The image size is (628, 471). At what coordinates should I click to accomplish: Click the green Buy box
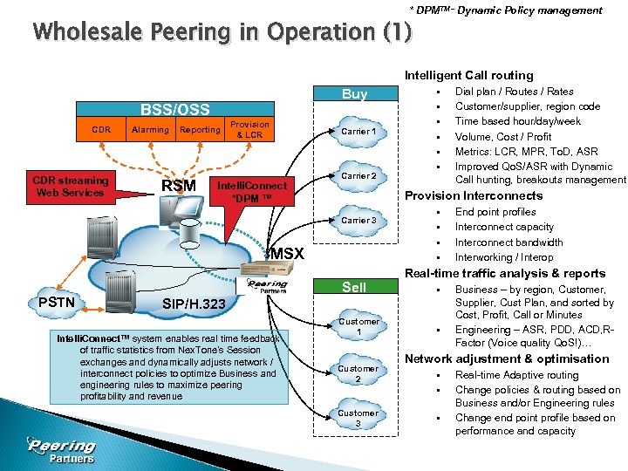point(354,94)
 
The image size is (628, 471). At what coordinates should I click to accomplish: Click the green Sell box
point(354,288)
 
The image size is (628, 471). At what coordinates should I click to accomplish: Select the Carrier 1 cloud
point(358,132)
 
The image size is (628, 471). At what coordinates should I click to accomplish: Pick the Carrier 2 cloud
point(358,176)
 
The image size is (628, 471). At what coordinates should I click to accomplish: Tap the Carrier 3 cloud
point(358,221)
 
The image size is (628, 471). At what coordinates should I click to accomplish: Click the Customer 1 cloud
point(359,327)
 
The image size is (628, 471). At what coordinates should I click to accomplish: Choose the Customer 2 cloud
point(359,373)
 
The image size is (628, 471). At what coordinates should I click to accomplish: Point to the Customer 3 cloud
point(359,418)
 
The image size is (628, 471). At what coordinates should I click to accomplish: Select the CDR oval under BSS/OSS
point(102,130)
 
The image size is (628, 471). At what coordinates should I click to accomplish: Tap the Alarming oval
point(151,130)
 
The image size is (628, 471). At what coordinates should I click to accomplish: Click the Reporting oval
point(200,130)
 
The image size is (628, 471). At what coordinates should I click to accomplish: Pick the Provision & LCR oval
point(249,129)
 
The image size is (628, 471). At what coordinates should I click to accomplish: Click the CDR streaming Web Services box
point(71,187)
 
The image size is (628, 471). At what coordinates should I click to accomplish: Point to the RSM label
point(179,185)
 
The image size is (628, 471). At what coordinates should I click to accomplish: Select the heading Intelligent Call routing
point(469,76)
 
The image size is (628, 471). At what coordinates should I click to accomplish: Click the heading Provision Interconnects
point(474,195)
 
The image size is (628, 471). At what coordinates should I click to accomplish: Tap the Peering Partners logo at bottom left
point(61,448)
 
